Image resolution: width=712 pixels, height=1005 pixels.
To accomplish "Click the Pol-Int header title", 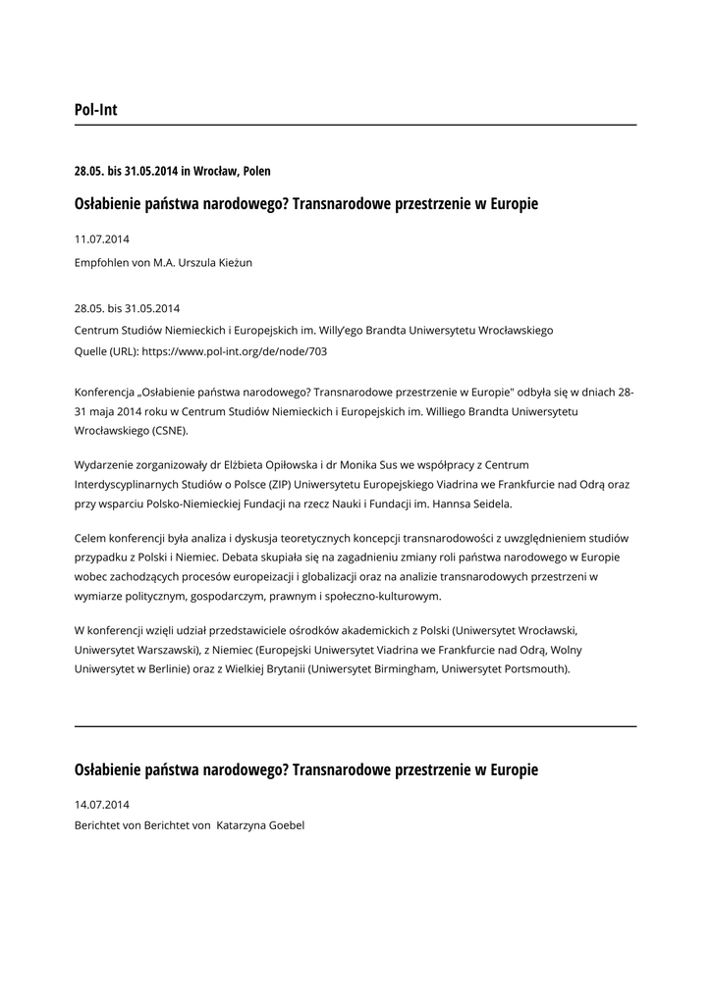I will point(95,110).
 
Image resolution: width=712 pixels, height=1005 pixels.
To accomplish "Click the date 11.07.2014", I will point(102,238).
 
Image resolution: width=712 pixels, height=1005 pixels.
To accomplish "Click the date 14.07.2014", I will point(102,804).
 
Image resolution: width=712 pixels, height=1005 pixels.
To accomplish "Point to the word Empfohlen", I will point(101,262).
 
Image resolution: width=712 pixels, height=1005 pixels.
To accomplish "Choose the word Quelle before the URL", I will point(91,350).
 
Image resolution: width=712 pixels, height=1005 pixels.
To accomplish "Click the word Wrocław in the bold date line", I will point(215,171).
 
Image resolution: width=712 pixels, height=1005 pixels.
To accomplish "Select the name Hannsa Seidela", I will point(471,504).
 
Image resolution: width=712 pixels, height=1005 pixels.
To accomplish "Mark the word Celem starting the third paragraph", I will point(90,538).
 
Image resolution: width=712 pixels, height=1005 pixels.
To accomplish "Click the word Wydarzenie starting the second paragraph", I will point(105,463).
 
